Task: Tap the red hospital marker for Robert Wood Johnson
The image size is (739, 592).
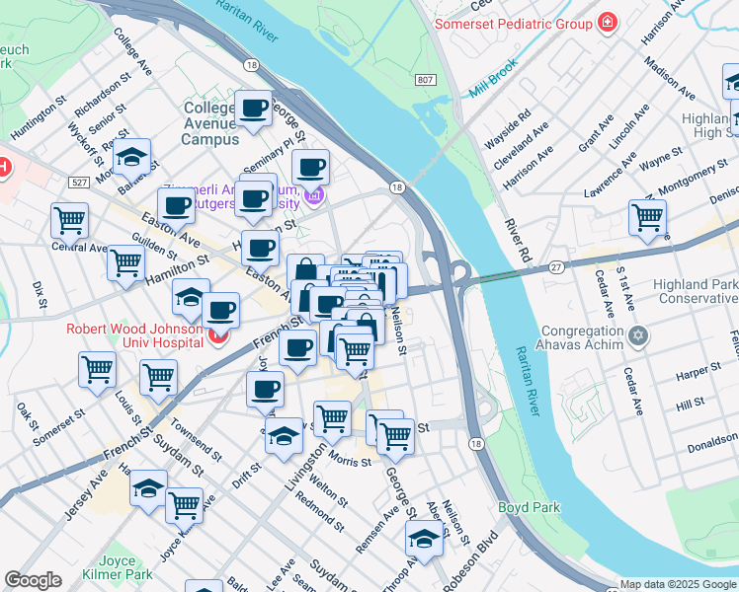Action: [216, 338]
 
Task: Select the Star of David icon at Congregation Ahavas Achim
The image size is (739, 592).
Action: [639, 337]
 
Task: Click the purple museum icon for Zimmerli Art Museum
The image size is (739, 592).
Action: [314, 197]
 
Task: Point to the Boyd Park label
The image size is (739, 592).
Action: [530, 507]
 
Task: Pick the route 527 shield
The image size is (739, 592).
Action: [80, 183]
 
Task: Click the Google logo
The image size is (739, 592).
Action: [33, 580]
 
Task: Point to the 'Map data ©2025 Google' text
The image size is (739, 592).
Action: [677, 584]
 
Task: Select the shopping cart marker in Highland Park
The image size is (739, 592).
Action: [647, 216]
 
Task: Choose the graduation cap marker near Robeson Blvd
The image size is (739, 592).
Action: [424, 539]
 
